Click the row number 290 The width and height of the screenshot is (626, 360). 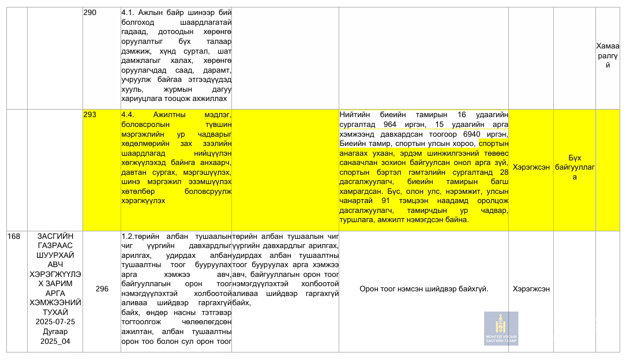(90, 12)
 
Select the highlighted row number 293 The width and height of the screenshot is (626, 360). (90, 115)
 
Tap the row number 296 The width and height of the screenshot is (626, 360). (102, 288)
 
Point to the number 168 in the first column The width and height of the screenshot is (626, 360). (14, 237)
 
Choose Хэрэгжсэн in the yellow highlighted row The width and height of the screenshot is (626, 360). (531, 167)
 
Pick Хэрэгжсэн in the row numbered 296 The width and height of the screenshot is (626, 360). (531, 288)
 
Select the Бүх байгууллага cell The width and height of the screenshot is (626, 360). (574, 167)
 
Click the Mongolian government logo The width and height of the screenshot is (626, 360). (501, 328)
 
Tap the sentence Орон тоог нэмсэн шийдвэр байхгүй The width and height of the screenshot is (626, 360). (423, 288)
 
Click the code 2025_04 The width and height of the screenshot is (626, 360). (55, 342)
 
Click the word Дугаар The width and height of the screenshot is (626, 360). (55, 332)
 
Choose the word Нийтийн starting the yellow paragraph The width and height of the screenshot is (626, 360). (354, 115)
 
